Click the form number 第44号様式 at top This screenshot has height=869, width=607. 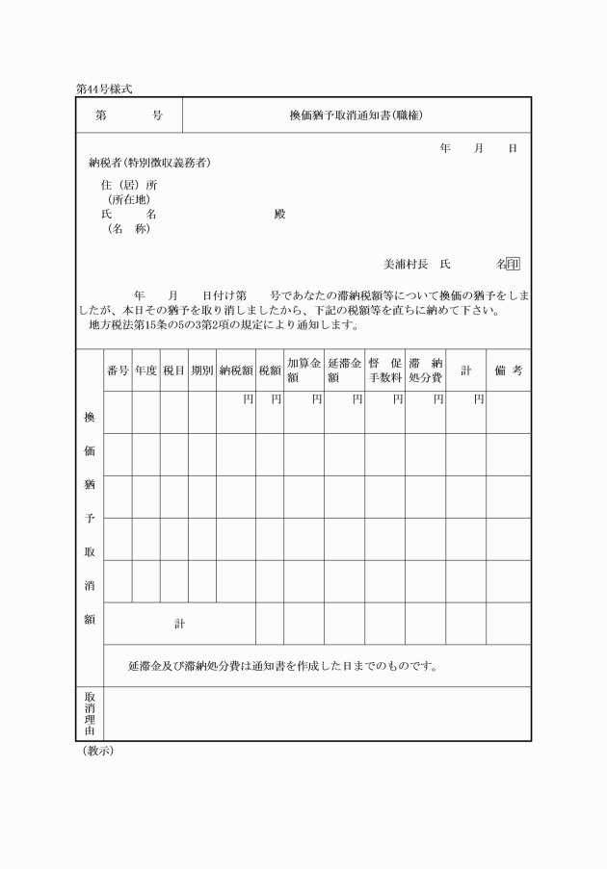[103, 89]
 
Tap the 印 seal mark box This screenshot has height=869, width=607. [514, 264]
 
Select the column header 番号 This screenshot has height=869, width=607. [118, 371]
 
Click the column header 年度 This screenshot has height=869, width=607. [145, 371]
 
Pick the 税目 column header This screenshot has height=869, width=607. [173, 371]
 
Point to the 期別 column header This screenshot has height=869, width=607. [201, 371]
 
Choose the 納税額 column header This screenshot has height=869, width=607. [235, 371]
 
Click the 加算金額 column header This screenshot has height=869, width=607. [303, 371]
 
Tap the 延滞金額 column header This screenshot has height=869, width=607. [344, 371]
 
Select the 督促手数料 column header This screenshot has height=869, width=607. [384, 371]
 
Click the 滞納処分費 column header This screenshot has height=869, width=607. [425, 371]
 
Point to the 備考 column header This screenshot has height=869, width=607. [508, 371]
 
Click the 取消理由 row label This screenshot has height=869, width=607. [90, 714]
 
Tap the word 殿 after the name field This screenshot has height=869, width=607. [280, 215]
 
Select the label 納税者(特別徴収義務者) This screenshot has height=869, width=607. [149, 163]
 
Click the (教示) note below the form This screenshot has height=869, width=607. [97, 752]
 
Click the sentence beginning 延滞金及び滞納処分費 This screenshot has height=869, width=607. [284, 666]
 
